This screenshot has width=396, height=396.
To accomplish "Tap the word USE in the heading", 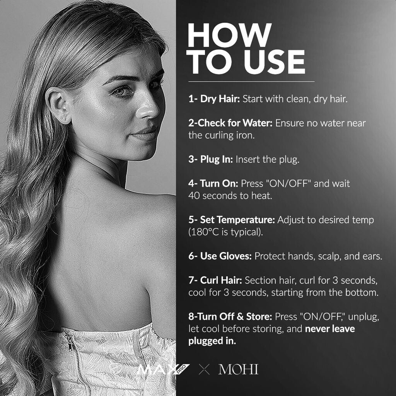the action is point(275,62).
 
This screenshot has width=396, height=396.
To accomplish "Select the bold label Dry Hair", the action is point(220,99).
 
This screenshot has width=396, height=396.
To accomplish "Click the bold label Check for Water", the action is point(235,123).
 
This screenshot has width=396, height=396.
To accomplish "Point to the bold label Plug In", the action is point(217,159).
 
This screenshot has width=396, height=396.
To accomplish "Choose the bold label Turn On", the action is point(219,183).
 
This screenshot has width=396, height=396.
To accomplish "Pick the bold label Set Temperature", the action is point(237,220).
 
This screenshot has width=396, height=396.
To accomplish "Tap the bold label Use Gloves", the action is point(226,256).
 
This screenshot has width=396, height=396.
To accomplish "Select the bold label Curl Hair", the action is point(221,280).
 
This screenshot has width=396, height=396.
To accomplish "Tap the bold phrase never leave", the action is point(330,329).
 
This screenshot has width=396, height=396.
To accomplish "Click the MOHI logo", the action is point(238,369).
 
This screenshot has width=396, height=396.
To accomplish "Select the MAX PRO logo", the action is point(163,369).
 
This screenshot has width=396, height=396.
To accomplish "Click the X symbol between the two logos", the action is point(204,369).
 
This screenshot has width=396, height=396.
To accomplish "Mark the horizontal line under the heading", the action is point(251,82).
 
